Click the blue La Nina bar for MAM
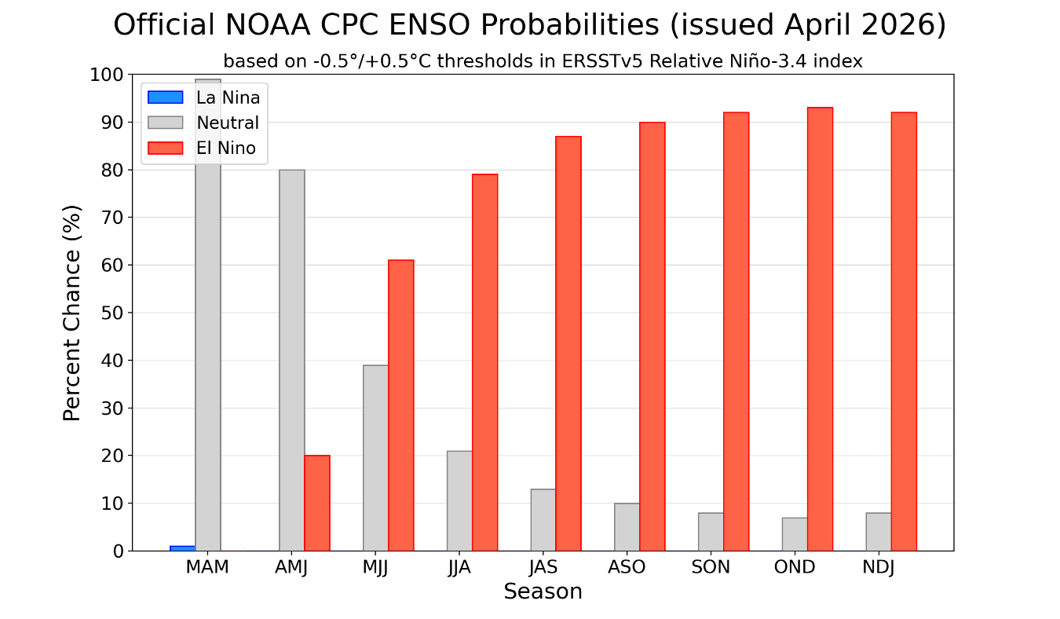[182, 548]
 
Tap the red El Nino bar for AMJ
[317, 503]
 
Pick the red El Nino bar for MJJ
[400, 405]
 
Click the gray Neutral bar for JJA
[459, 500]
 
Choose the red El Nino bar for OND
[820, 329]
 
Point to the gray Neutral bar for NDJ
[879, 532]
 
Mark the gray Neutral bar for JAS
[543, 519]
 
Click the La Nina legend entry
[228, 97]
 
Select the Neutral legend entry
[228, 123]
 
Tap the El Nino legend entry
[226, 148]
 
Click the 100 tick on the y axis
[108, 75]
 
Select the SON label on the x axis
[710, 567]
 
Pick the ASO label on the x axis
[627, 567]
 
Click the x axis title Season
[543, 592]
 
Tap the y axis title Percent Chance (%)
[71, 313]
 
